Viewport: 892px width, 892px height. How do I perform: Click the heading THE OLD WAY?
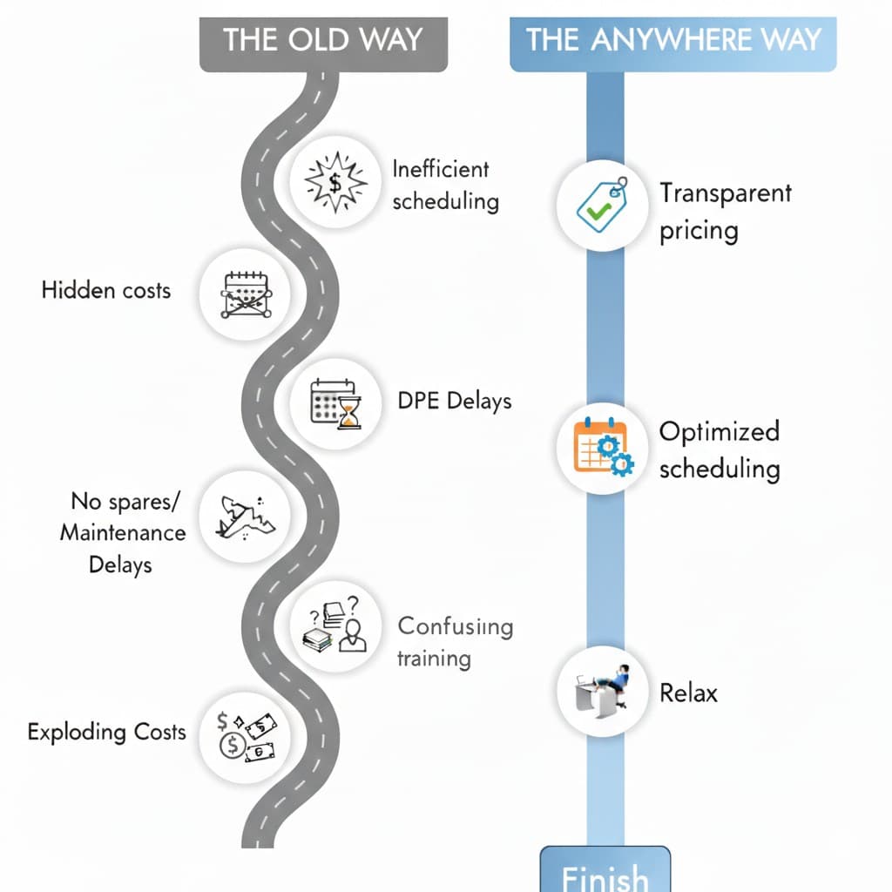pos(323,40)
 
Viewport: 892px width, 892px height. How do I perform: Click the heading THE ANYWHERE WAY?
pos(673,40)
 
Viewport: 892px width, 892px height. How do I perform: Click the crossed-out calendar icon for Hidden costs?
pos(244,294)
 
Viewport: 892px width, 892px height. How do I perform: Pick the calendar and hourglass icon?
pos(334,403)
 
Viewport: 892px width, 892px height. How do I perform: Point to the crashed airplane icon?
pos(245,516)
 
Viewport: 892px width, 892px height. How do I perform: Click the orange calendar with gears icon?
pos(602,448)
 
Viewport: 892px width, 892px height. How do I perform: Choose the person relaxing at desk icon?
pos(602,690)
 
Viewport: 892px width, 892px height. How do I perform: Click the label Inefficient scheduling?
pos(445,185)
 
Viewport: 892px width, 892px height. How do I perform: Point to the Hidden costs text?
pos(105,290)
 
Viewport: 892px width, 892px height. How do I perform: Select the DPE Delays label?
pos(454,401)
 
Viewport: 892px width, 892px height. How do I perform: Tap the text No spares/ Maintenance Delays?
pos(122,532)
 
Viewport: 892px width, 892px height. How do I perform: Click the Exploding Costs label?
pos(106,731)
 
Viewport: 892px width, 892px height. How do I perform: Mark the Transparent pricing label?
pos(725,211)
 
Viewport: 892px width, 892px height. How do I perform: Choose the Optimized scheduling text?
pos(719,449)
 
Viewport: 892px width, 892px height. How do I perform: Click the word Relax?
pos(688,693)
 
